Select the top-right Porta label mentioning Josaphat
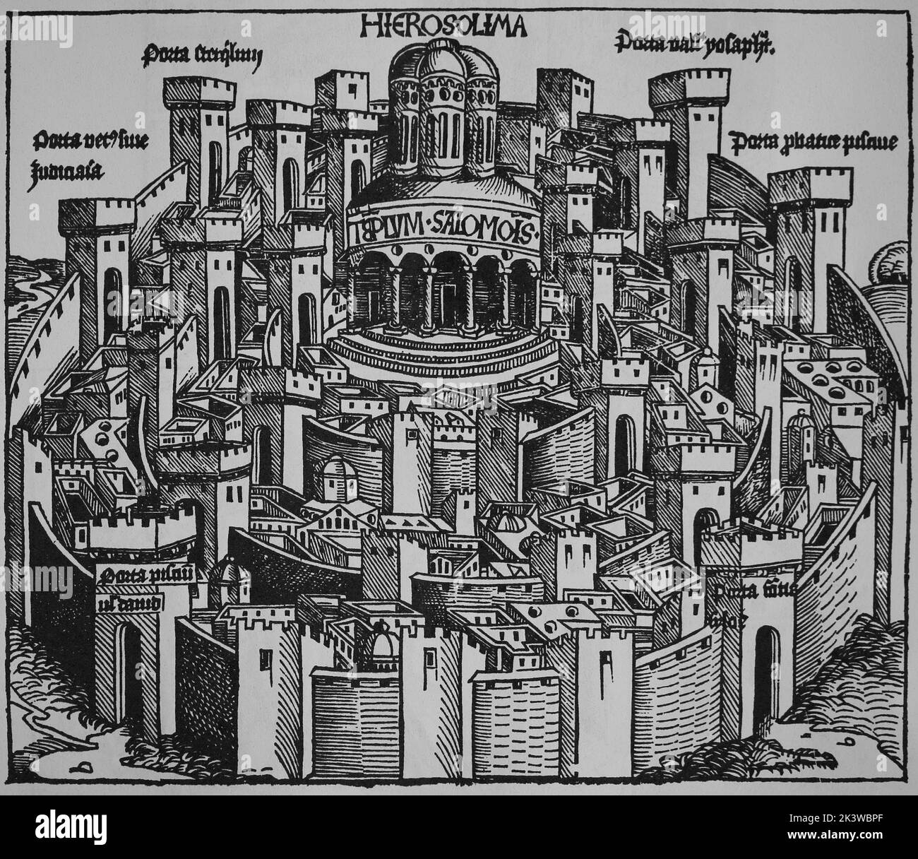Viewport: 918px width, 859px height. (x=696, y=47)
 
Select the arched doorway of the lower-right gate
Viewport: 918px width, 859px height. (x=765, y=663)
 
